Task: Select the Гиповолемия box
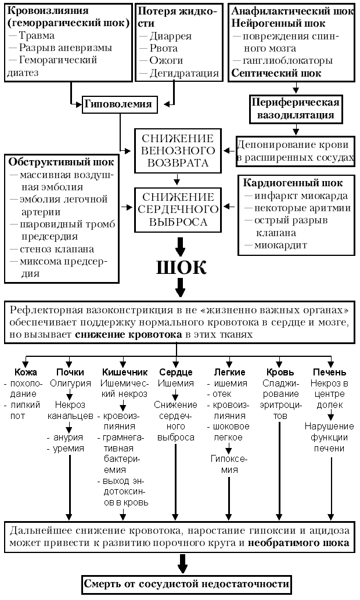point(118,104)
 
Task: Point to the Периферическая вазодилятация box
point(295,109)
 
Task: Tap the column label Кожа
point(27,372)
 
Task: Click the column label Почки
point(70,372)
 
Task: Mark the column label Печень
point(329,372)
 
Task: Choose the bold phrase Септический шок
point(268,73)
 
